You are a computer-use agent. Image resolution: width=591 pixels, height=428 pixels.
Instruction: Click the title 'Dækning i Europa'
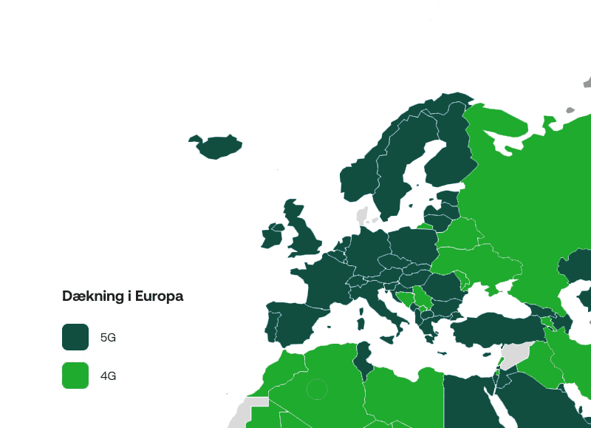123,296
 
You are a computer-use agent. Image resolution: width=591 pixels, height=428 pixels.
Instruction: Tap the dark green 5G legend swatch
75,337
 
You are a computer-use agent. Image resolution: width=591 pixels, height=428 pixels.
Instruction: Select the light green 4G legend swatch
75,376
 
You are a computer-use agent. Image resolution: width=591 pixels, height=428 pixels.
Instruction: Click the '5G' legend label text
109,338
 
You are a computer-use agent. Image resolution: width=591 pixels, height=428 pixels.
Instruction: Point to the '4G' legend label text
109,376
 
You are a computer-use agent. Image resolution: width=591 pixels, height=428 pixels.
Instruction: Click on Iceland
216,146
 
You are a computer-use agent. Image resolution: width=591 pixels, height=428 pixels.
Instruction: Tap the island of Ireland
273,237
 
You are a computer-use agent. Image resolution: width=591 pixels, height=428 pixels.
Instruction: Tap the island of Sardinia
362,319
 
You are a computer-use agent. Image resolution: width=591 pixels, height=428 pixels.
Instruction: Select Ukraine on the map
473,262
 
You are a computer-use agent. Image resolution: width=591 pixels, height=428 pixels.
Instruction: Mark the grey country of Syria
517,353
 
